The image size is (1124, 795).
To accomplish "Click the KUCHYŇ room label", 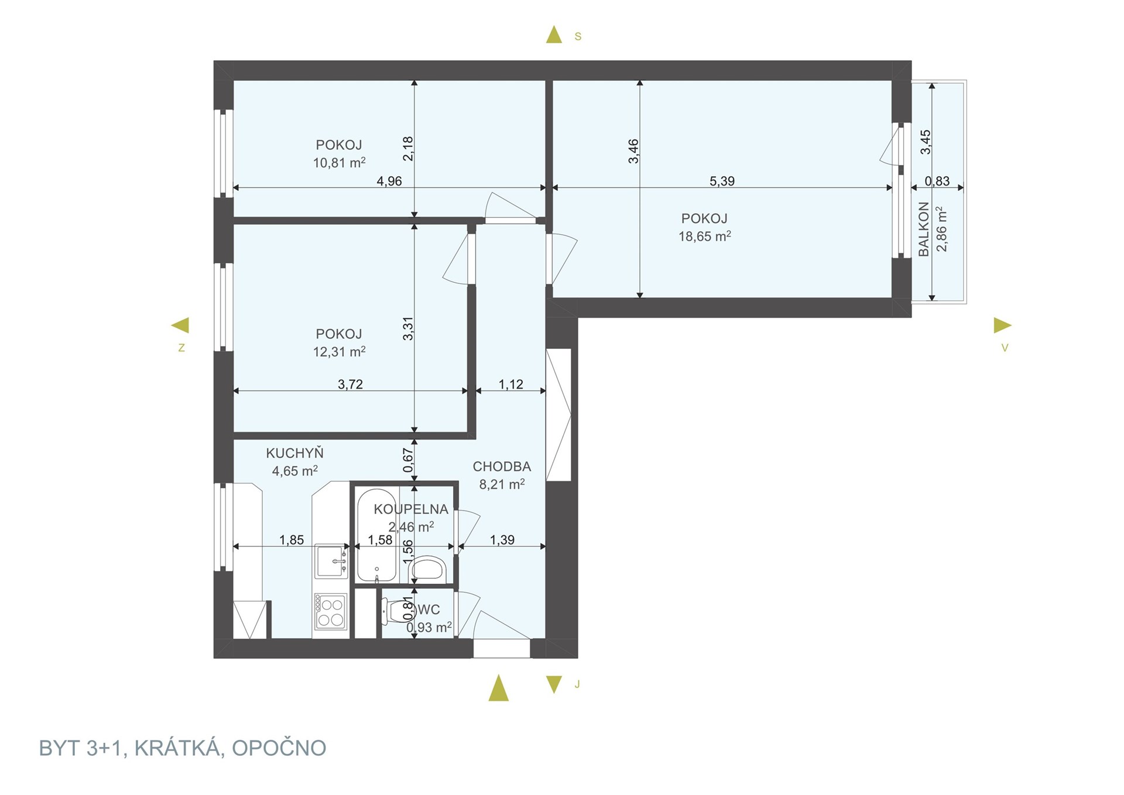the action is click(294, 453).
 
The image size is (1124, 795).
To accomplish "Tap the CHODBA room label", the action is click(502, 467).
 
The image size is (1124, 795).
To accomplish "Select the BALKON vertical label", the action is click(924, 229).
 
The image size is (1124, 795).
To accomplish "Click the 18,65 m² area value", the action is click(704, 236).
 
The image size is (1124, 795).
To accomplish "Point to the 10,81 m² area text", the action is click(339, 162).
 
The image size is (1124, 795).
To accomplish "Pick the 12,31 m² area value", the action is click(339, 351).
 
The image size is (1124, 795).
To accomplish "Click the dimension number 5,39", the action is click(722, 181).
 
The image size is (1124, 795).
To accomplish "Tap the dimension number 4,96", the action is click(389, 181).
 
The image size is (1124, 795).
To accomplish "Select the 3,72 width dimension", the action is click(350, 384).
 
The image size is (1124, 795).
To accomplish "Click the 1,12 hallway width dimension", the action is click(510, 384).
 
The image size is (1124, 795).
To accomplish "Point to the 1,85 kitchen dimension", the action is click(292, 540).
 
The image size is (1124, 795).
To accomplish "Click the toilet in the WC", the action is click(396, 612).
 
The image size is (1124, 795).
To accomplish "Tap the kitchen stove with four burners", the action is click(330, 612).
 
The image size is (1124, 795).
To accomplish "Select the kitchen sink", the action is click(331, 561).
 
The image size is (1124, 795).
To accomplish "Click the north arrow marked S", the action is click(554, 35).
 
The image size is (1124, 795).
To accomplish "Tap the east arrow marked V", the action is click(1003, 325).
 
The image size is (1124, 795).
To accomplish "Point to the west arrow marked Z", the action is click(180, 325).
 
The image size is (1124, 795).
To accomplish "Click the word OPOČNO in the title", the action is click(279, 748).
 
